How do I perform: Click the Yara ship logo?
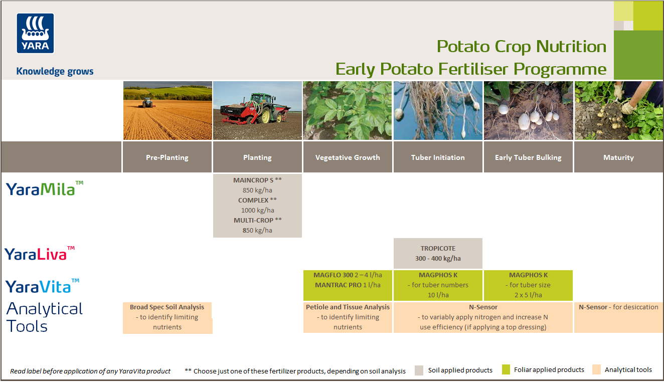tap(36, 33)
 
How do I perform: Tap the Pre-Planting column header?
tap(167, 157)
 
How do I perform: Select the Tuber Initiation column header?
tap(438, 157)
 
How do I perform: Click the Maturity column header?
tap(618, 157)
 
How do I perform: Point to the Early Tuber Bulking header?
tap(528, 157)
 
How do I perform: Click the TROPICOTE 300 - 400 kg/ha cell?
tap(438, 253)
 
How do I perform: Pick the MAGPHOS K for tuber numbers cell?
tap(438, 285)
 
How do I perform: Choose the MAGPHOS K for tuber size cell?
tap(528, 285)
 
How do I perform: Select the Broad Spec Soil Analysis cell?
tap(167, 317)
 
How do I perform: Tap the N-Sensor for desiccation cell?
tap(618, 307)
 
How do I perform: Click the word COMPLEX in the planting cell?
tap(253, 200)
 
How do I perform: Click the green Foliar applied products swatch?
tap(506, 370)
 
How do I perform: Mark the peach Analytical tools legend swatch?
tap(596, 370)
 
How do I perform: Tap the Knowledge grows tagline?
tap(55, 71)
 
